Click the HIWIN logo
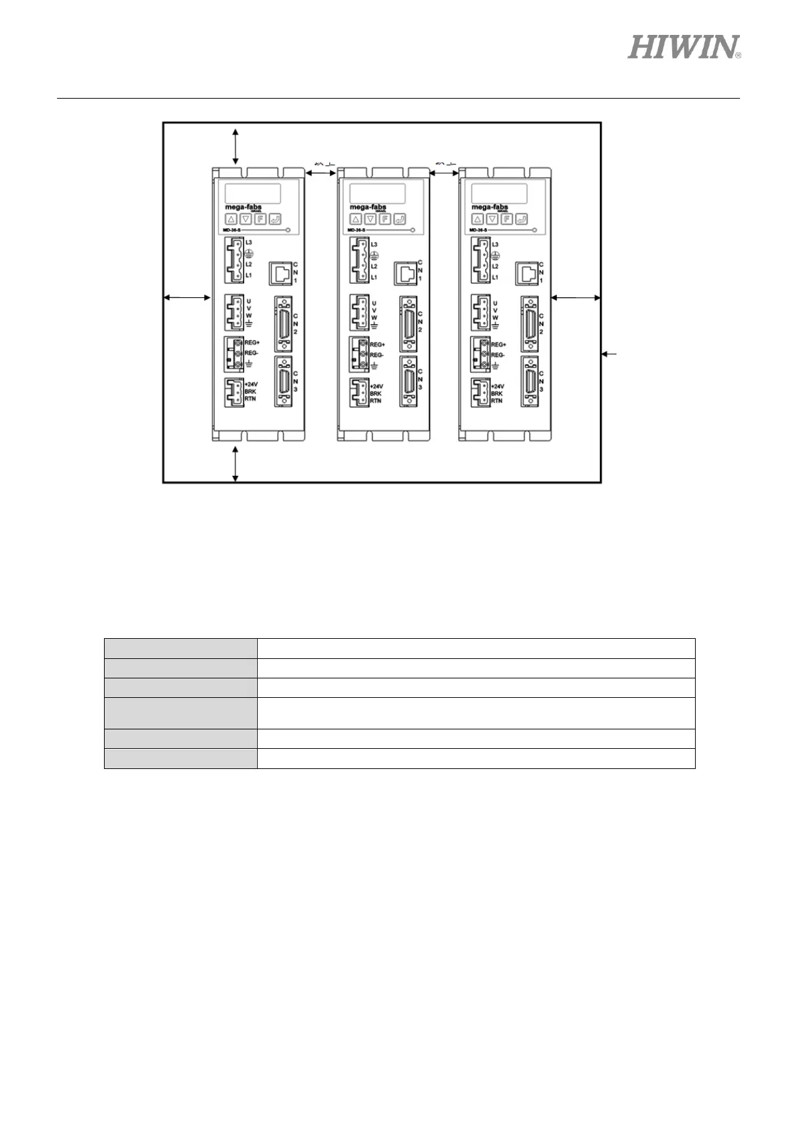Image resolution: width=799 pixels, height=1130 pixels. (684, 47)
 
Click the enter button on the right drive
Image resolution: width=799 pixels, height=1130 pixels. (521, 219)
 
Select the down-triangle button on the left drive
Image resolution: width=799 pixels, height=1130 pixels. (246, 219)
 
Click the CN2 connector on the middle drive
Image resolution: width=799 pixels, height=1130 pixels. (407, 324)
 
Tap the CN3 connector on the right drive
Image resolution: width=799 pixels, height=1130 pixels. (529, 380)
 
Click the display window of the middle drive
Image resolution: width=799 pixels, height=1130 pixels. (376, 193)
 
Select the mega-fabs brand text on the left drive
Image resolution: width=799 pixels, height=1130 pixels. (242, 207)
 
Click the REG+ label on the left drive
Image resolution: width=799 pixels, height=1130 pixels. (252, 343)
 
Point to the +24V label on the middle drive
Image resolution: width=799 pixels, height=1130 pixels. (376, 387)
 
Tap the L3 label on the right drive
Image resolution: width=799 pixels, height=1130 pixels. (496, 244)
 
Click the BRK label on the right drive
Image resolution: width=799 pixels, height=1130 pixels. (496, 394)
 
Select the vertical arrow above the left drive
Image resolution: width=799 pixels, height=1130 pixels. (235, 147)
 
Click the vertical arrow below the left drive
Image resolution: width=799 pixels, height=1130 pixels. (235, 464)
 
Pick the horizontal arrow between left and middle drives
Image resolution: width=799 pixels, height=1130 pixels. (321, 173)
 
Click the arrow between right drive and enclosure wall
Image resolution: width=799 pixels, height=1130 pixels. (575, 297)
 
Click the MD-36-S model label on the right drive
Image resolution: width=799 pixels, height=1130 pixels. (479, 230)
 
